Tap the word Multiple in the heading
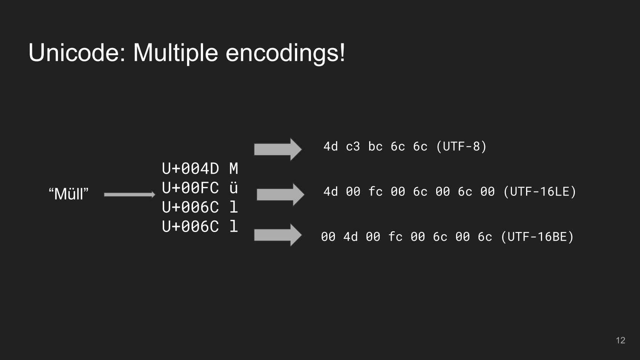click(175, 53)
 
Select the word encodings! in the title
click(285, 53)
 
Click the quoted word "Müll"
click(69, 194)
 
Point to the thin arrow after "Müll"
click(130, 195)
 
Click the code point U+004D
click(190, 168)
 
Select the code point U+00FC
click(190, 188)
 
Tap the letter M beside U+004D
click(234, 168)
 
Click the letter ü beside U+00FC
click(234, 187)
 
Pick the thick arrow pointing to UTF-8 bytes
click(278, 149)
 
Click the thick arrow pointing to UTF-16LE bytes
click(280, 194)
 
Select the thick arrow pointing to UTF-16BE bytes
click(278, 235)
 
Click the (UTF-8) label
click(461, 146)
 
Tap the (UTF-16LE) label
click(539, 191)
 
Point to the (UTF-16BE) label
click(537, 237)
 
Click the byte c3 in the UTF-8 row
click(353, 147)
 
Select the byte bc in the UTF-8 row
click(375, 147)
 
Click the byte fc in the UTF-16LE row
click(375, 192)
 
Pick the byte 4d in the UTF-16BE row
click(350, 237)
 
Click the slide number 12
click(620, 340)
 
